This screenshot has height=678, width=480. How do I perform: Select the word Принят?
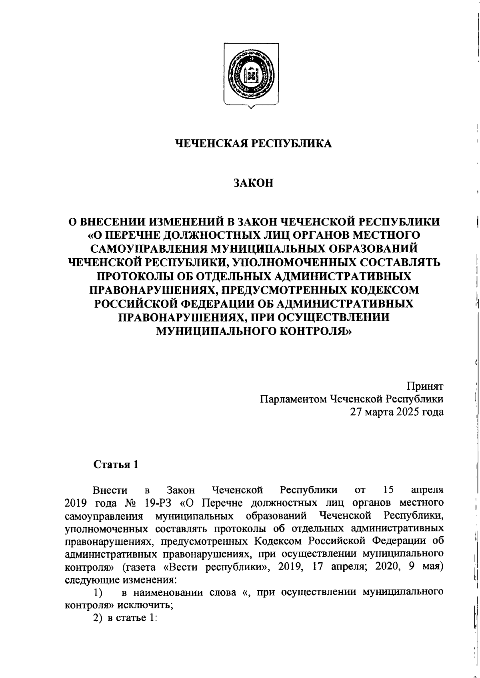click(x=425, y=386)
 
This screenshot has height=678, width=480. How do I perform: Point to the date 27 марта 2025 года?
click(x=397, y=412)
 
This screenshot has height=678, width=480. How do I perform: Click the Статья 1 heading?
click(x=116, y=464)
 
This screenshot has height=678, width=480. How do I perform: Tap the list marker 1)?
click(x=98, y=592)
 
